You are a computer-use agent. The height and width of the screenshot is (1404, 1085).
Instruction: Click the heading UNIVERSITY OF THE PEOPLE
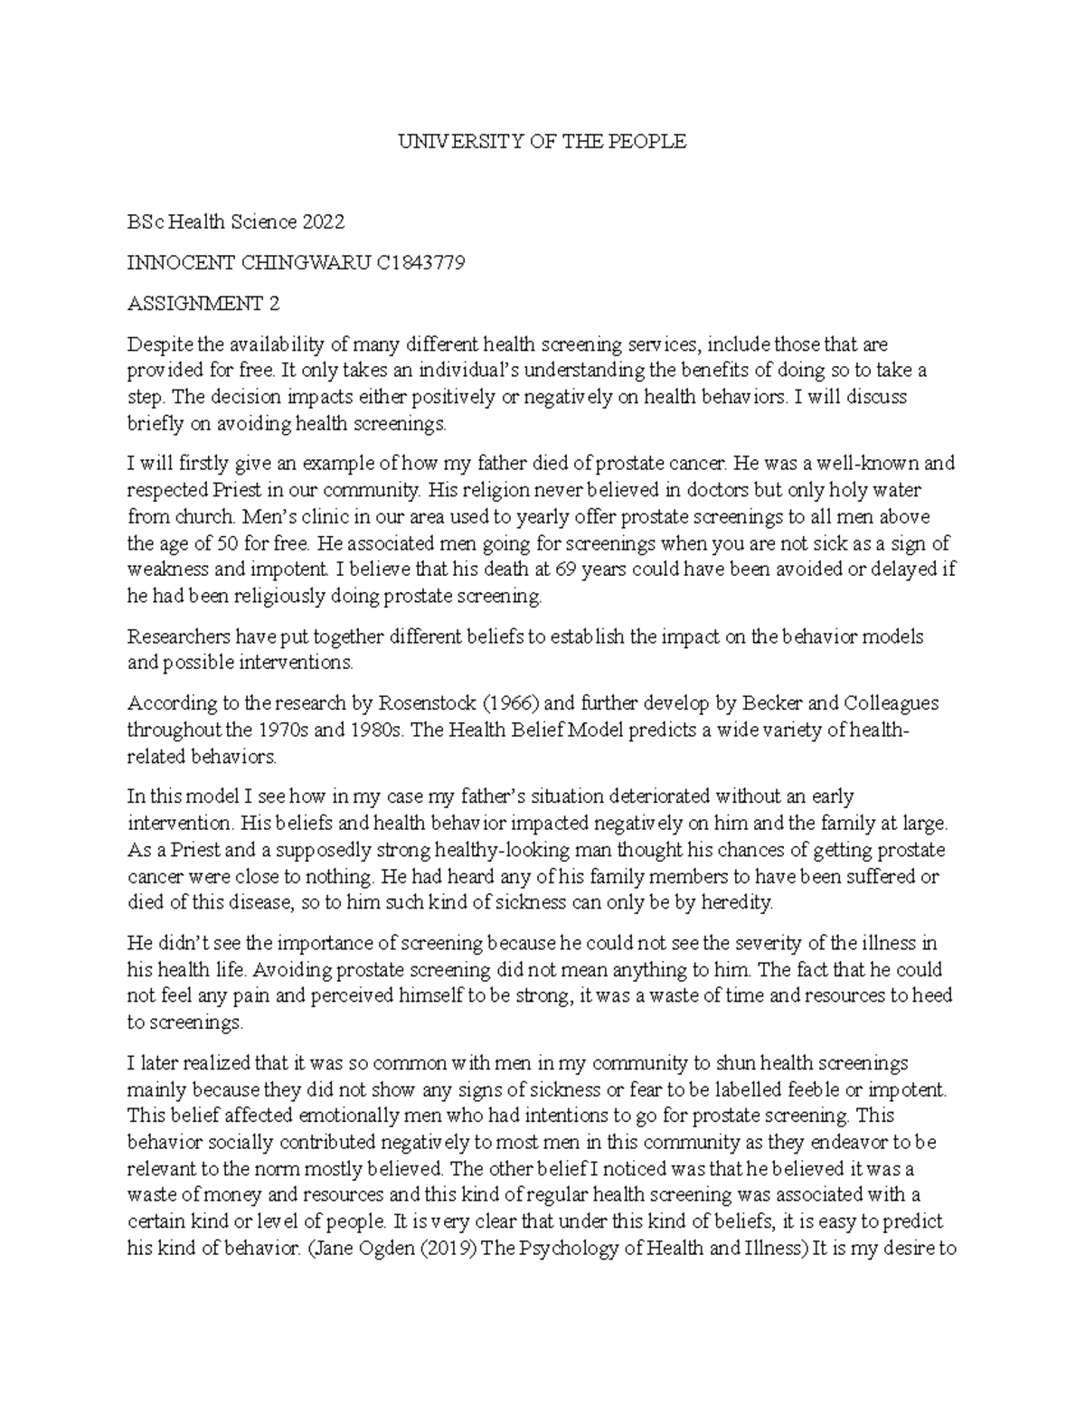pyautogui.click(x=542, y=141)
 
